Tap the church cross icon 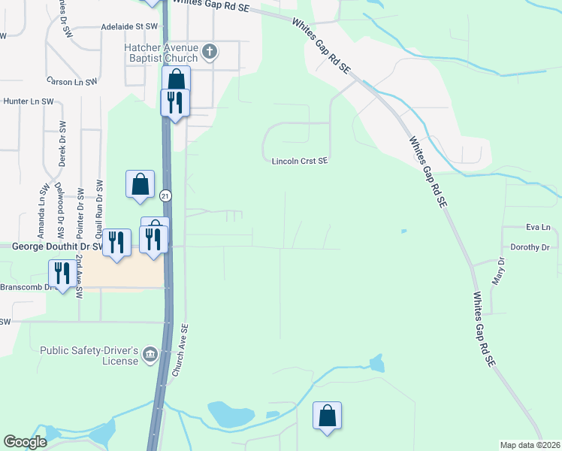(210, 52)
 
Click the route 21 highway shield (165, 195)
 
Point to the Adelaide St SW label (132, 26)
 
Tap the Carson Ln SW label (71, 81)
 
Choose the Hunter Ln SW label (29, 101)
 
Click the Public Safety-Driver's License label (89, 356)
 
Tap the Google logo (25, 442)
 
